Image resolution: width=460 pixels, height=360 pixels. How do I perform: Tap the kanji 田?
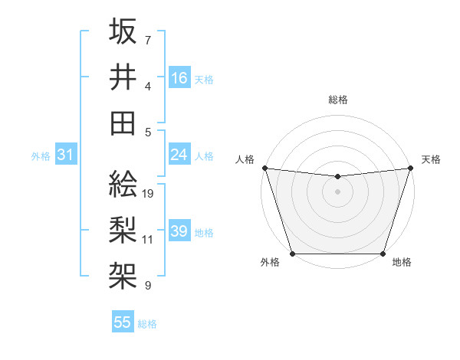pos(123,123)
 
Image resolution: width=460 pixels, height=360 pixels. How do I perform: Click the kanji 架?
pos(123,273)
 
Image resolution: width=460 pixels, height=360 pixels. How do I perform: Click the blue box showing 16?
pos(179,77)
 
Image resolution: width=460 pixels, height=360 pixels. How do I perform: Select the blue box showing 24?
pos(179,155)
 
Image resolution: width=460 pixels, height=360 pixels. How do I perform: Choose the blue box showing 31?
pos(65,155)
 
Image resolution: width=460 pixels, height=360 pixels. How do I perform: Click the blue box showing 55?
pos(123,322)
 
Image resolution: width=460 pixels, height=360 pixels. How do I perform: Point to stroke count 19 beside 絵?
pos(149,193)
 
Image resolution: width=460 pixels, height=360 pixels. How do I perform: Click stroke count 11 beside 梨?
pos(148,239)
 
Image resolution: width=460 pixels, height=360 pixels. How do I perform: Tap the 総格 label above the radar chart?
pos(337,100)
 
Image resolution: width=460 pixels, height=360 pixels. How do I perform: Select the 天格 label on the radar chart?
pos(431,159)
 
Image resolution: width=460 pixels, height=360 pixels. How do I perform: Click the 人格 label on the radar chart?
pos(245,159)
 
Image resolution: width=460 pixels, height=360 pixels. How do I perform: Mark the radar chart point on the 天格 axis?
pos(411,168)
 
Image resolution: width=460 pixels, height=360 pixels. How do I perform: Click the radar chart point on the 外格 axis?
pos(292,254)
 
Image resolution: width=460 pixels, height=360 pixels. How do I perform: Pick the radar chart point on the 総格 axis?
pos(337,177)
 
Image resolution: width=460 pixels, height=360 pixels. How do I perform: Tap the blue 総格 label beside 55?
pos(148,324)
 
